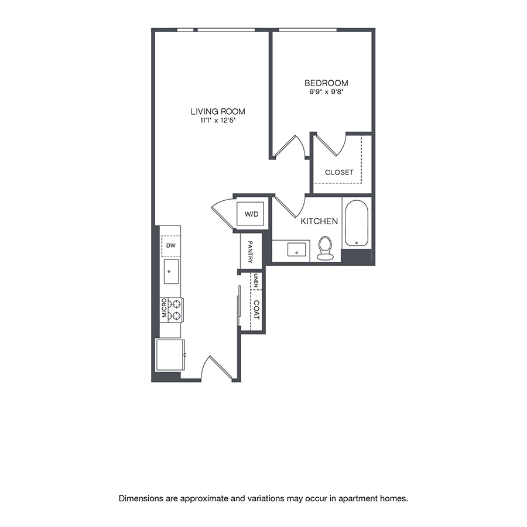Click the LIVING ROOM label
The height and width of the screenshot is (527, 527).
pos(217,111)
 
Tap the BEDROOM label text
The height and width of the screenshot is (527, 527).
pos(326,83)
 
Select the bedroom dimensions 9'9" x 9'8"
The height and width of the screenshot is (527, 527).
pos(326,92)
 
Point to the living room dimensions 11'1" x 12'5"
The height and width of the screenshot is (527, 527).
pos(217,121)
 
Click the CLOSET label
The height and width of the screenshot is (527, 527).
pos(339,172)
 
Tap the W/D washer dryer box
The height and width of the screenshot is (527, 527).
pos(251,214)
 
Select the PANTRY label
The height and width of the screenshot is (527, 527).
pos(250,252)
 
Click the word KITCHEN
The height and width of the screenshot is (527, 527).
pos(319,221)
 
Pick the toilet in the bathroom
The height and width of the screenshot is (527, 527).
pos(325,249)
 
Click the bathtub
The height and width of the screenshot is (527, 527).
pos(356,224)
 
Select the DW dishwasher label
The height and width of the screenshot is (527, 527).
pos(170,246)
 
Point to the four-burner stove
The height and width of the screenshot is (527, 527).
pos(174,310)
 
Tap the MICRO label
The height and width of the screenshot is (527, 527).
pos(165,309)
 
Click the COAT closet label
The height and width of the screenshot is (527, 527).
pos(256,310)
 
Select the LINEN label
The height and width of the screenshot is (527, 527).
pos(256,281)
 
